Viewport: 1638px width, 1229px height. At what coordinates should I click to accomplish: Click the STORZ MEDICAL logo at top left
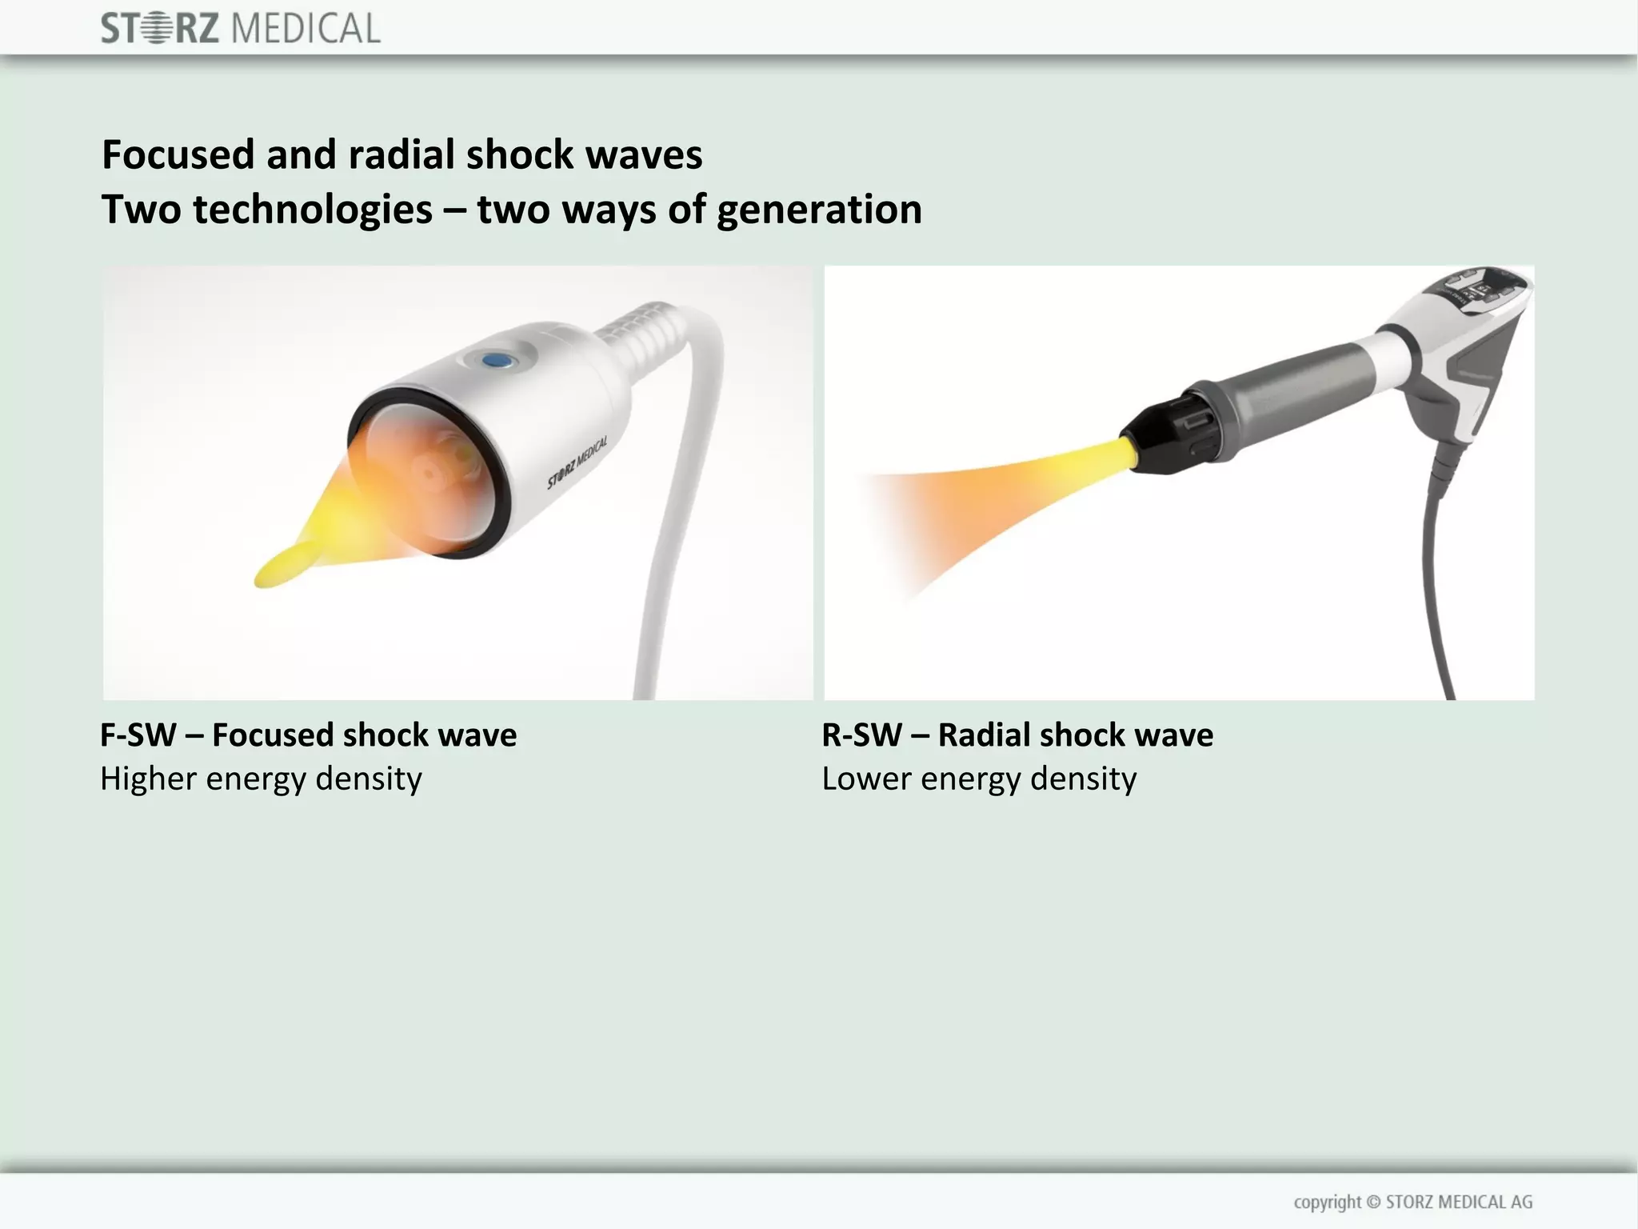pos(240,29)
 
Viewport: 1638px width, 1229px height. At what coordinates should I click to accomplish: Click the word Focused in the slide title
pos(178,154)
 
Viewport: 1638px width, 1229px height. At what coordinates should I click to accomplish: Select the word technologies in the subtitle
pos(312,210)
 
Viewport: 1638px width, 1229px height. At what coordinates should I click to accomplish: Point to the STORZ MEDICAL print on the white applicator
pos(577,462)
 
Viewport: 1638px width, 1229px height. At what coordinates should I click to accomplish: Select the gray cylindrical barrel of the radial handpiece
pos(1280,384)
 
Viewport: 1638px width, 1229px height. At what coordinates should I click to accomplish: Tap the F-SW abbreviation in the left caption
pos(138,735)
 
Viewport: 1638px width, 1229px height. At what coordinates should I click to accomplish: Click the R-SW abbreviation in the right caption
pos(861,735)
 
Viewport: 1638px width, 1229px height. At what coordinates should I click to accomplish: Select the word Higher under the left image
pos(148,779)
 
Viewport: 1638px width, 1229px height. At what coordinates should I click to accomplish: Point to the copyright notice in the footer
pos(1412,1202)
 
